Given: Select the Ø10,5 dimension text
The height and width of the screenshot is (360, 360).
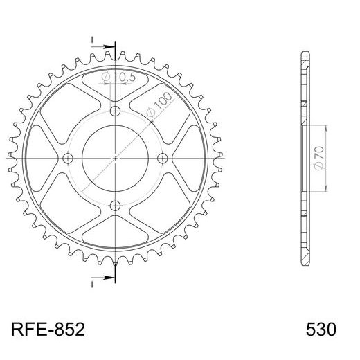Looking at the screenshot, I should pyautogui.click(x=119, y=77).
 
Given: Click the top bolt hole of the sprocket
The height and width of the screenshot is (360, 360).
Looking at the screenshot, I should pyautogui.click(x=115, y=111).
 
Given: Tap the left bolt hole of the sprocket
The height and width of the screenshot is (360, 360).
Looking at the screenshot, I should pyautogui.click(x=68, y=158).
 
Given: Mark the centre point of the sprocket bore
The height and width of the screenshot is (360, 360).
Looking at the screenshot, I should pyautogui.click(x=115, y=158).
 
